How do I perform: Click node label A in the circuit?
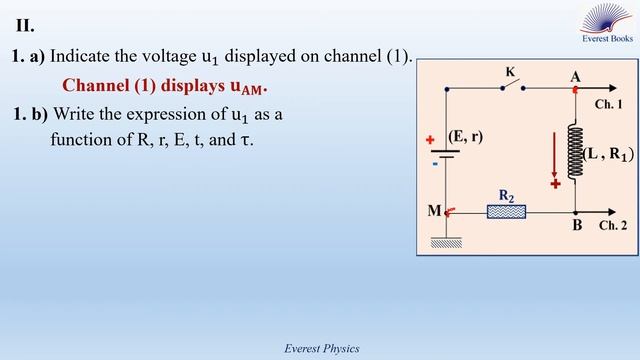(575, 76)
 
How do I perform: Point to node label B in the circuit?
(577, 226)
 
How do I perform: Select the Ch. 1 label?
(608, 104)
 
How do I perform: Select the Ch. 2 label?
(613, 226)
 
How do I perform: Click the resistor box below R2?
(506, 211)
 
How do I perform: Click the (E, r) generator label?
(466, 136)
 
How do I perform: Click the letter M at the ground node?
(434, 211)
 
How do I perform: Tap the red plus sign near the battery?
(431, 141)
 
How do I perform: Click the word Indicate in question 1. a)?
(86, 57)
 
